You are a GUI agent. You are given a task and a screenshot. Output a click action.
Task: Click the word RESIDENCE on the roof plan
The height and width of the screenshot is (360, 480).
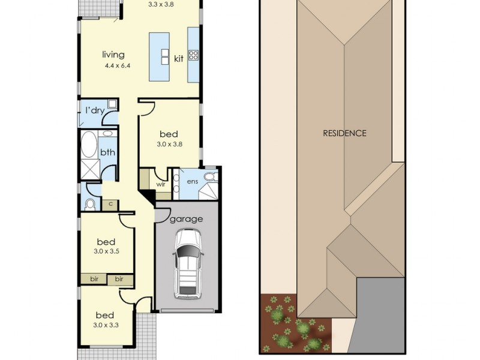coord(344,133)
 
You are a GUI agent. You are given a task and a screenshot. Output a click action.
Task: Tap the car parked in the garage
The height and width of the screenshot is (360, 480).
coord(188,264)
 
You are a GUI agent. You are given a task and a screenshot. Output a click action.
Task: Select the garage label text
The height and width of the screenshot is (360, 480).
coord(186,219)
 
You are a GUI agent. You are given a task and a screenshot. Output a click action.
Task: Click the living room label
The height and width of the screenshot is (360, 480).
coord(113,55)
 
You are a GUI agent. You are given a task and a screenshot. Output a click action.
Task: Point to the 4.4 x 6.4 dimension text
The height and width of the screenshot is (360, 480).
coord(118,65)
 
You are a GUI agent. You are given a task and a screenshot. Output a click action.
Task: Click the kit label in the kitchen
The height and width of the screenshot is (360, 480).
coord(179,58)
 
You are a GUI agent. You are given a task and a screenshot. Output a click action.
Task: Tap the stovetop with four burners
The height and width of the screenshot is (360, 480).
coord(193,55)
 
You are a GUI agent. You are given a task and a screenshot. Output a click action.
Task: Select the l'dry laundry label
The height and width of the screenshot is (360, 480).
coord(95,110)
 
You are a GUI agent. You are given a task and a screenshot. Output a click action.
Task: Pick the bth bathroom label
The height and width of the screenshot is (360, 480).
coord(108,152)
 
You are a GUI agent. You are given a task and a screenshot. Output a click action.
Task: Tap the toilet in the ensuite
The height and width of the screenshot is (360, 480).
coord(210,176)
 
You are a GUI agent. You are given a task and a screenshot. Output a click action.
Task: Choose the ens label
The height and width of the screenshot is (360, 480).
coord(192,182)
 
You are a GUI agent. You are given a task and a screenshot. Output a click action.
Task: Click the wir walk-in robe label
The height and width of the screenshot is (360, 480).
coord(161,184)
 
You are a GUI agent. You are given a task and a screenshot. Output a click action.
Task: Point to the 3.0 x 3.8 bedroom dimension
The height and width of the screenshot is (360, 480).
coord(170,144)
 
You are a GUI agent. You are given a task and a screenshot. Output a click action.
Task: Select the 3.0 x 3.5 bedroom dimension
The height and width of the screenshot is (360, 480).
coord(106,251)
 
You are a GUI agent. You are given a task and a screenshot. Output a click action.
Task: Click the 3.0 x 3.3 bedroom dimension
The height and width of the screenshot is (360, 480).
coord(106,325)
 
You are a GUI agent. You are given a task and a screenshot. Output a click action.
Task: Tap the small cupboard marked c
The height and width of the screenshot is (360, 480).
coord(110,205)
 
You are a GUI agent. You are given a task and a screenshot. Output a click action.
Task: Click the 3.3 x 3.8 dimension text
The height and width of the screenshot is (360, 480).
coord(161,5)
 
